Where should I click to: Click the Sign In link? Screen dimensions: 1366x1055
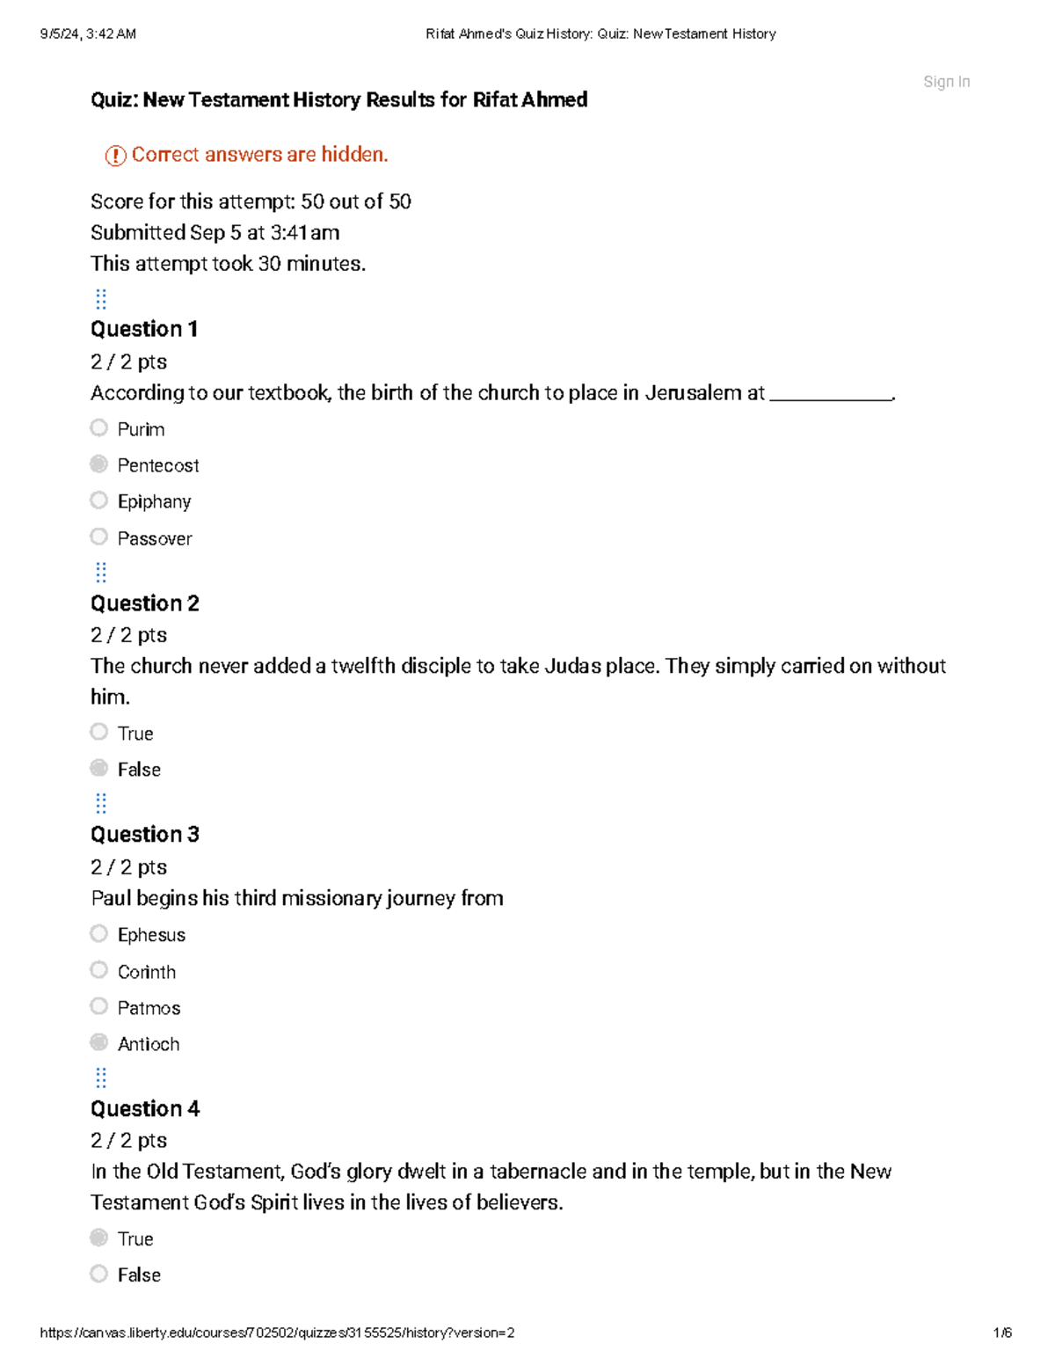point(946,82)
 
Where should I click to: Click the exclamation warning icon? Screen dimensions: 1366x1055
point(115,156)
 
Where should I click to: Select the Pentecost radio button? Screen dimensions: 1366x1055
point(99,464)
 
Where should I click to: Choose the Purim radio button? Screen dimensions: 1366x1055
point(99,427)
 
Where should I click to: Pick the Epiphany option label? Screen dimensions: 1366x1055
point(154,501)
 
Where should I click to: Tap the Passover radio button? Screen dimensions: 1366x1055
point(99,537)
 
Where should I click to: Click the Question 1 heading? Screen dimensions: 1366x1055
point(144,329)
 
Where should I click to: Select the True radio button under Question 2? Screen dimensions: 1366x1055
point(99,732)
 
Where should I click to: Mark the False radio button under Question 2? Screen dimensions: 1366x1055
point(99,768)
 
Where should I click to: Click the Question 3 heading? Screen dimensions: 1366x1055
point(145,834)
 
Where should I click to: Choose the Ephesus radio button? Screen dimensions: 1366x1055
point(99,933)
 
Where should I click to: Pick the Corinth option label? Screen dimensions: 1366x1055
point(147,972)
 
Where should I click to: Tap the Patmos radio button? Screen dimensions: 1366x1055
point(99,1006)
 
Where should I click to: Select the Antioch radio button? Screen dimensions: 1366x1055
point(99,1042)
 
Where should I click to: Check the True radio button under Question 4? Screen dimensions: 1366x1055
point(99,1238)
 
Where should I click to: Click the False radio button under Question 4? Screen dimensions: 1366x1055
point(99,1274)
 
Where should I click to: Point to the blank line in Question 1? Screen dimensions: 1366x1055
point(830,398)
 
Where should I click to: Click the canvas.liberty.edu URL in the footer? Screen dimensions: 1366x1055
point(277,1333)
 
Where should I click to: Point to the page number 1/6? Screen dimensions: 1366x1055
point(1002,1333)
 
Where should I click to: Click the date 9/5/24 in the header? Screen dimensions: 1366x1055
point(62,34)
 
